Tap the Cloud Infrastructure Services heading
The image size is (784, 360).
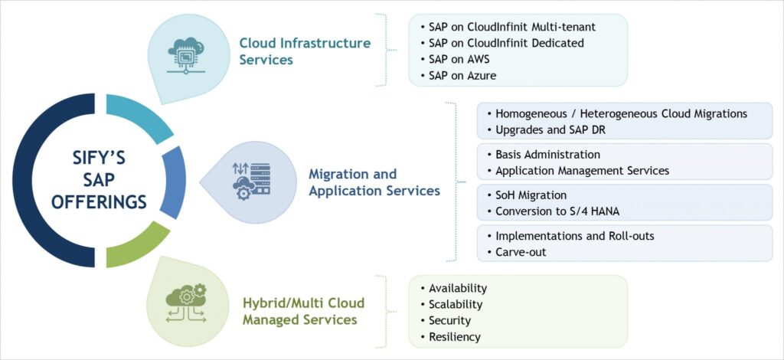pos(305,51)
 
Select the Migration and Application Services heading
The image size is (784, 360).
pos(374,182)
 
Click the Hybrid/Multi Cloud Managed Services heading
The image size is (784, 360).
pos(303,310)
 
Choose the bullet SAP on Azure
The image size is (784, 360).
pos(462,76)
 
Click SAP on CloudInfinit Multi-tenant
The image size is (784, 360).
pos(511,27)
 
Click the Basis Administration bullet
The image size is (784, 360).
pos(547,155)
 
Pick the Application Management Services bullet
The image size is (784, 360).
pos(582,171)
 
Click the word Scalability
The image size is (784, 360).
pos(456,304)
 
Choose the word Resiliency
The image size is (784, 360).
pos(454,337)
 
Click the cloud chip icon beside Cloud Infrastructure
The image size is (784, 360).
pos(185,51)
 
